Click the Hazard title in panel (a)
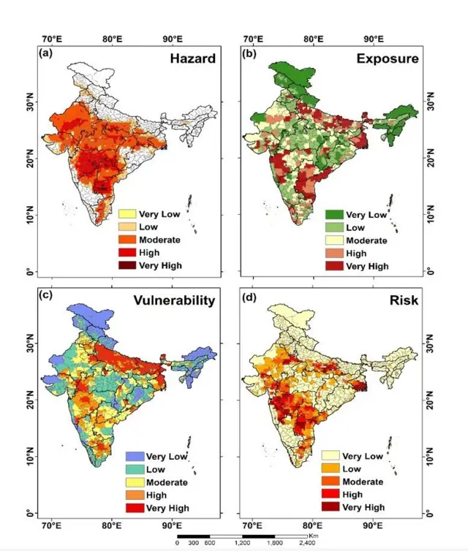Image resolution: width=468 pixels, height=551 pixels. tap(193, 60)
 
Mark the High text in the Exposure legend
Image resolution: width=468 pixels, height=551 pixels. tap(358, 253)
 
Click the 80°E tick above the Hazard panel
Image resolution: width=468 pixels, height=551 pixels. tap(112, 39)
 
